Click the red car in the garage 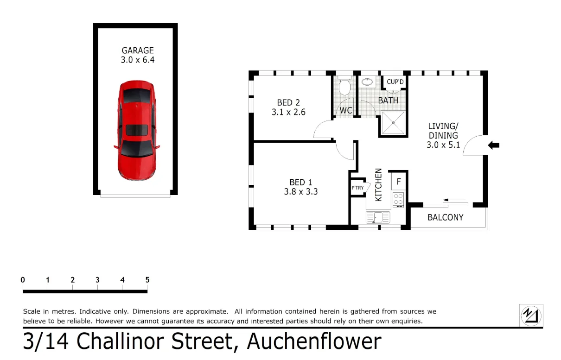pos(137,131)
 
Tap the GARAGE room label pos(138,51)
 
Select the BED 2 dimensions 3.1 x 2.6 pos(288,112)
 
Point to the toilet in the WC pos(344,86)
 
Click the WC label pos(346,111)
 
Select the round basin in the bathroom pos(367,82)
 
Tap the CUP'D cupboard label pos(395,82)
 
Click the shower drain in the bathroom pos(394,123)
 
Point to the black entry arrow pos(494,145)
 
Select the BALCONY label pos(445,217)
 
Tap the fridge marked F pos(399,182)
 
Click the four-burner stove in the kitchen pos(398,199)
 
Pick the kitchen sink pos(378,217)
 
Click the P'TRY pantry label pos(357,188)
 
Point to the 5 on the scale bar pos(147,280)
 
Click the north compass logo pos(531,316)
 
